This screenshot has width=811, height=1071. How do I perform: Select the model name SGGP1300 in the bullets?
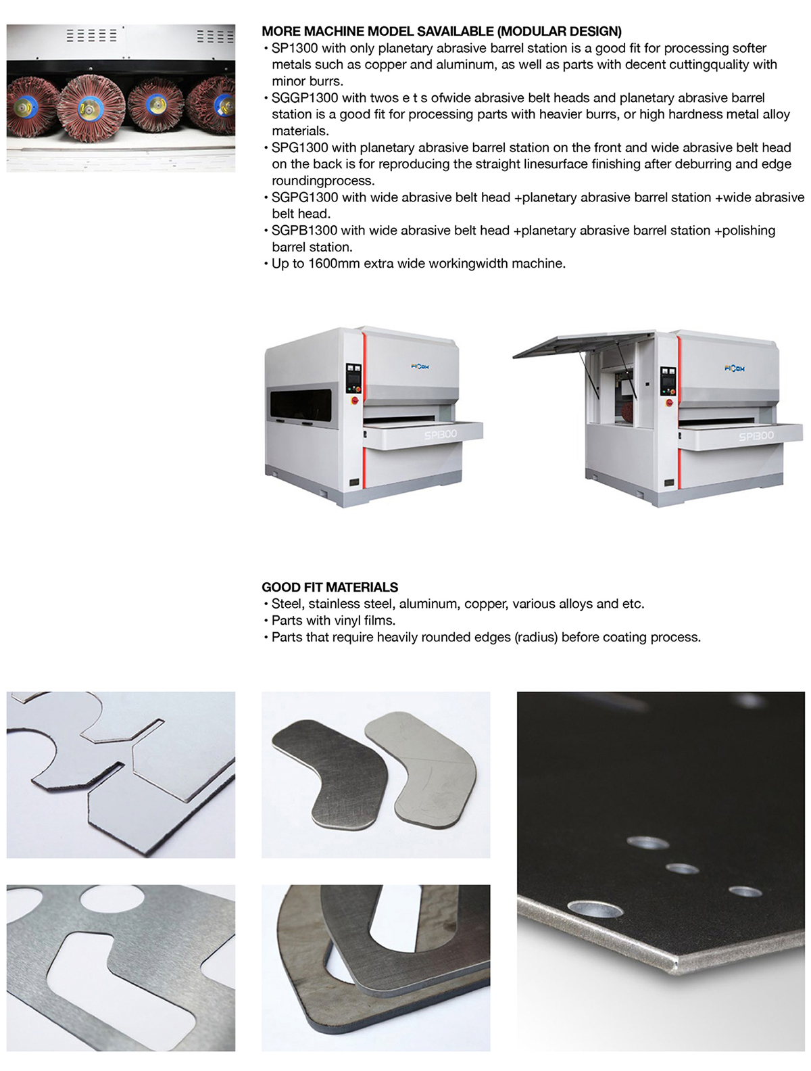coord(304,98)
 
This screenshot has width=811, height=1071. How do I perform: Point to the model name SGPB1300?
coord(304,231)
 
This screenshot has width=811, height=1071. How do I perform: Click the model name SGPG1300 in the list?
coord(304,197)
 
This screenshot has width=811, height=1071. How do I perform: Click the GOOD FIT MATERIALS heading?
coord(330,587)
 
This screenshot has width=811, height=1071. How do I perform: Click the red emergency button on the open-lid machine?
coord(670,403)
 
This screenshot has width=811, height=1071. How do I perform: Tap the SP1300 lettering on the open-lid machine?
coord(756,435)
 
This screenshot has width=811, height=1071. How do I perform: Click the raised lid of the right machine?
coord(583,344)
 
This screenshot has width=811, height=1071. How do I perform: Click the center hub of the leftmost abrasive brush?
coord(22,106)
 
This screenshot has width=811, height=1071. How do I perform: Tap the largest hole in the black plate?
coord(595,909)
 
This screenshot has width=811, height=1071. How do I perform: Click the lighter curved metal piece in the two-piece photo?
coord(421,770)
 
